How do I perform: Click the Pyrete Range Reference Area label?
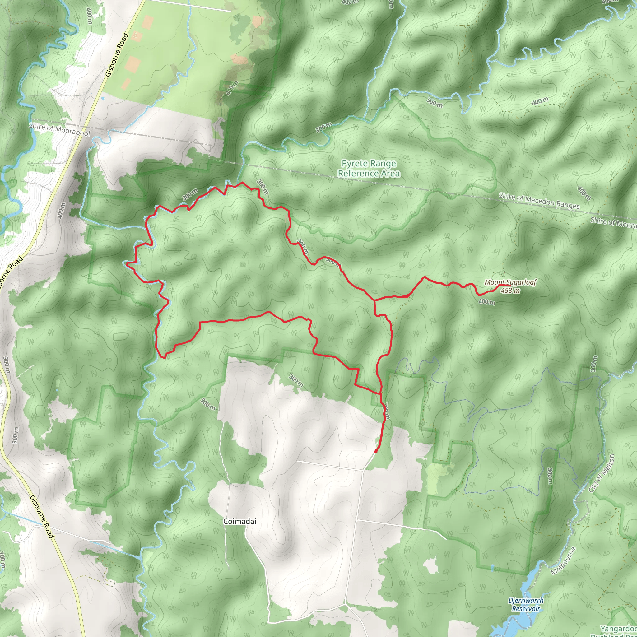coord(369,169)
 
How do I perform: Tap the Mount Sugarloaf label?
coord(510,282)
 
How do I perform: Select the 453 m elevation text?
coord(510,291)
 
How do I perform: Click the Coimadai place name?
coord(239,522)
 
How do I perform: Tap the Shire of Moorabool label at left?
coord(59,130)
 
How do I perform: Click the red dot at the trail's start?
coord(376,451)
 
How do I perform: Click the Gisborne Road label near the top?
coord(117,55)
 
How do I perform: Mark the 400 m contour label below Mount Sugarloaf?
coord(487,301)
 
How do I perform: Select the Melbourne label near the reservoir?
coord(563,561)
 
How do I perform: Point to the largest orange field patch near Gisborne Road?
coord(133,64)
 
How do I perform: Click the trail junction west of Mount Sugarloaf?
coord(374,300)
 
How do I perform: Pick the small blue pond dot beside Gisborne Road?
coord(103,98)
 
